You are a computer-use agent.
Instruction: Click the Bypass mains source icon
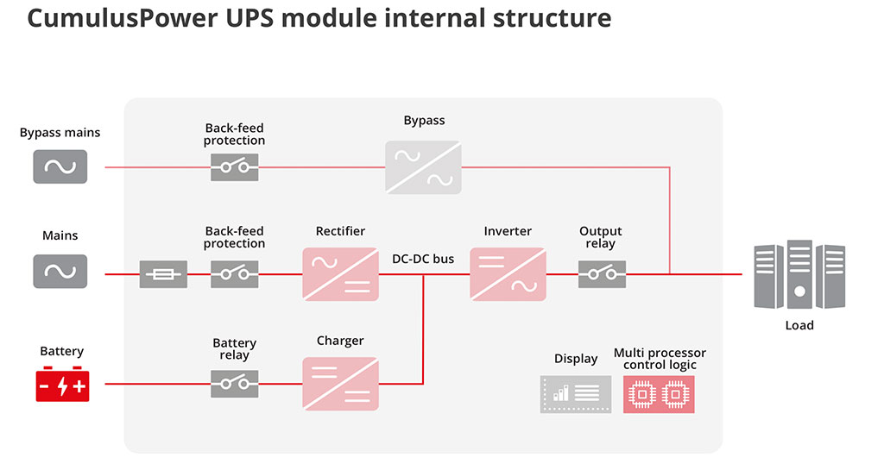60,166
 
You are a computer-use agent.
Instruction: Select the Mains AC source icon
60,272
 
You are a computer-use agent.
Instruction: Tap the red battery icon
62,384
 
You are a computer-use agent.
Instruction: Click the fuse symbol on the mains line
163,274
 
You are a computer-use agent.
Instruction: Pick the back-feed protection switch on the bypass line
235,167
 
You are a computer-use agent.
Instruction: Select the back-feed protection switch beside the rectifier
235,274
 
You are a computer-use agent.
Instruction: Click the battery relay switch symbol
235,384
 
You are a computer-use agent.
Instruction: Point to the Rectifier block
340,274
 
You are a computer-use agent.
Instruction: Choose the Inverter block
508,274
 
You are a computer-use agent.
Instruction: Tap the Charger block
340,383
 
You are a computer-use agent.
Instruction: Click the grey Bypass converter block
423,167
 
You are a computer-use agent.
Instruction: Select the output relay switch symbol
602,274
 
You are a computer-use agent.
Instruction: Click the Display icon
576,394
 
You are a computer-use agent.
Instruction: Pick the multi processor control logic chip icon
659,394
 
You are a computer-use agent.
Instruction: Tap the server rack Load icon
799,275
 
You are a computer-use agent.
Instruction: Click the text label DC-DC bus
423,259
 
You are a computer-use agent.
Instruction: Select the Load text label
799,325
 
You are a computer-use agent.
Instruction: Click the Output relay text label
601,237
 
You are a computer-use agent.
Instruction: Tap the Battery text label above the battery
62,351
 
